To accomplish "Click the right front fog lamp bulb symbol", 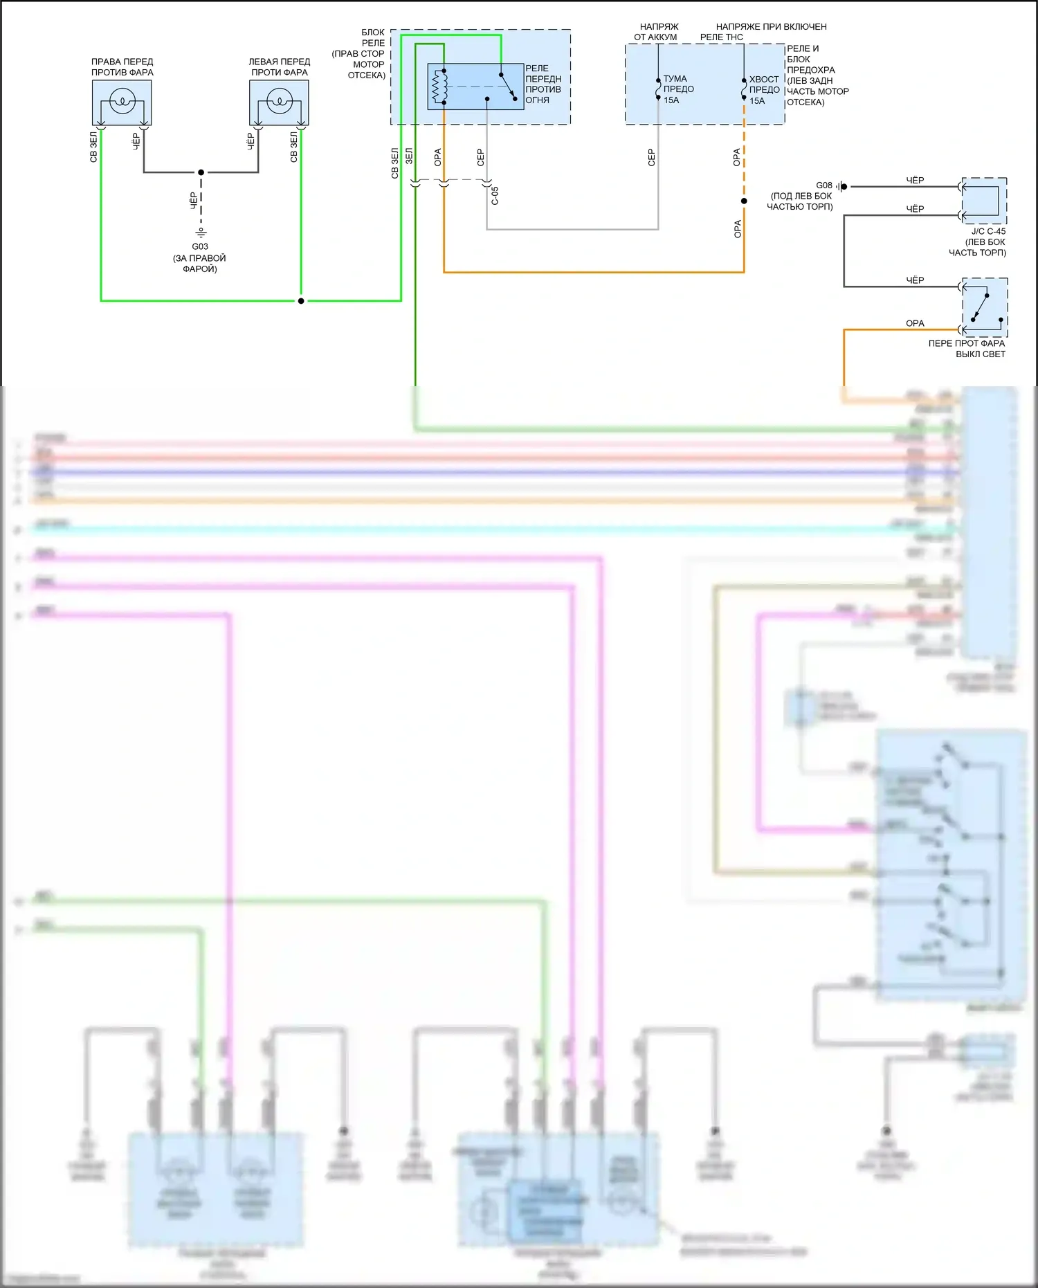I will pyautogui.click(x=122, y=102).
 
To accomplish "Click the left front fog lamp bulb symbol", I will pyautogui.click(x=279, y=102).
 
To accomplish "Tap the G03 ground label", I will pyautogui.click(x=200, y=246).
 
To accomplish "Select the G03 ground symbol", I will pyautogui.click(x=201, y=232).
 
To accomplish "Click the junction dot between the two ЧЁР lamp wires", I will pyautogui.click(x=201, y=172).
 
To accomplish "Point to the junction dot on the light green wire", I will pyautogui.click(x=301, y=301).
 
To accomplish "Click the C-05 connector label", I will pyautogui.click(x=495, y=196).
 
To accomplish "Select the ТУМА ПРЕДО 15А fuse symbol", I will pyautogui.click(x=658, y=89).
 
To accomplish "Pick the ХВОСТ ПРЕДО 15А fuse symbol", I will pyautogui.click(x=744, y=89).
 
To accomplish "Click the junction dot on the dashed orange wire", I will pyautogui.click(x=744, y=201).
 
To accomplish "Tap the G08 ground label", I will pyautogui.click(x=823, y=185).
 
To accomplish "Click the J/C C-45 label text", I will pyautogui.click(x=988, y=231).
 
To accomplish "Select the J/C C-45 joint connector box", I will pyautogui.click(x=984, y=201).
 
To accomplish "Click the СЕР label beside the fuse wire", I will pyautogui.click(x=651, y=157).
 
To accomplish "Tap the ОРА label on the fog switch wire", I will pyautogui.click(x=915, y=323).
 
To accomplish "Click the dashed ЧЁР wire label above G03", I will pyautogui.click(x=194, y=201).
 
